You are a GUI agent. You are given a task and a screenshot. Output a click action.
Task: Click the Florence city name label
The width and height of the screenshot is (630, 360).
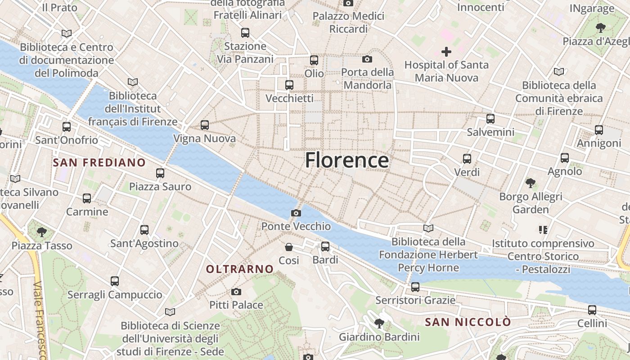click(347, 160)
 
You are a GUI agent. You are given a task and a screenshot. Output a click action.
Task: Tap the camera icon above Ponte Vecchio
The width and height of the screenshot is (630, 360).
click(296, 213)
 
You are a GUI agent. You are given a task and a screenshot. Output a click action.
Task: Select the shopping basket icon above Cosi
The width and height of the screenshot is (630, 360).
click(289, 247)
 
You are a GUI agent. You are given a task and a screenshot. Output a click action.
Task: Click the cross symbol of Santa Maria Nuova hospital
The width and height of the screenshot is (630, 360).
click(446, 52)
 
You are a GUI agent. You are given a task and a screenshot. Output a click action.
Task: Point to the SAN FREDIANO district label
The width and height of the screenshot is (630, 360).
click(99, 162)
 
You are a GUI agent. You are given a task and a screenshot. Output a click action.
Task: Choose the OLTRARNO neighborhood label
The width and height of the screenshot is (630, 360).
click(240, 269)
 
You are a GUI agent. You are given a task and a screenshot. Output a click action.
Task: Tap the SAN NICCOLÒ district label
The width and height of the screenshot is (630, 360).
click(468, 322)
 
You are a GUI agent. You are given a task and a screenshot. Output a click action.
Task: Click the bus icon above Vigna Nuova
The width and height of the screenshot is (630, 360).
click(205, 125)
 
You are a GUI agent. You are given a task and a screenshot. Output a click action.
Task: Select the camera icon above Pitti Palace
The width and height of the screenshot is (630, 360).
click(236, 292)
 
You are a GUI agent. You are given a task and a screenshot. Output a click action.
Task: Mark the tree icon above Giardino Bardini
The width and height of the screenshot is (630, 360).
click(379, 323)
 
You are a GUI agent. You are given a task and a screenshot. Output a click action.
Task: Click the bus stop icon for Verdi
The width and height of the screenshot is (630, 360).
click(467, 159)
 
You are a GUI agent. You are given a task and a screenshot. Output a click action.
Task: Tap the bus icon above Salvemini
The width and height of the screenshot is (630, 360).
click(490, 119)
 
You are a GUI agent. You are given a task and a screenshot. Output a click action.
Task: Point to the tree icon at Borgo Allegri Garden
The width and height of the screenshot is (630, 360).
click(531, 183)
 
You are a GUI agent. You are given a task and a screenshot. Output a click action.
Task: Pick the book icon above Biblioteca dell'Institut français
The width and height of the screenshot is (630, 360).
click(132, 82)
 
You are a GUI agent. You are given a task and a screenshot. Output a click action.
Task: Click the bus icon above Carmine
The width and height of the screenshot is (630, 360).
click(87, 198)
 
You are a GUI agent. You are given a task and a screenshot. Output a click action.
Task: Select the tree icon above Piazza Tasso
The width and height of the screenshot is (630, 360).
click(42, 232)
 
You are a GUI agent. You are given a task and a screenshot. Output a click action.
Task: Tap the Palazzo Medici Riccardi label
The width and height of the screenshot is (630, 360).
click(349, 22)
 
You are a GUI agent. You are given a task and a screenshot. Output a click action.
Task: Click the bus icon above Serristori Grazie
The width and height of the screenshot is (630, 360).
click(415, 287)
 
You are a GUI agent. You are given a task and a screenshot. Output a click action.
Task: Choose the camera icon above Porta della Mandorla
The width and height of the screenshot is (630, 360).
click(367, 59)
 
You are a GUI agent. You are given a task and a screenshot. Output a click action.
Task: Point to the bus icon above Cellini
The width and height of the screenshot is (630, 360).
click(592, 310)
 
